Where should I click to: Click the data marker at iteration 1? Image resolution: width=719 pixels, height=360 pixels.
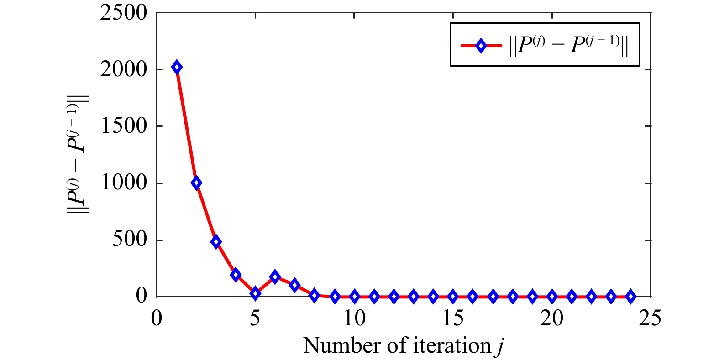click(x=177, y=68)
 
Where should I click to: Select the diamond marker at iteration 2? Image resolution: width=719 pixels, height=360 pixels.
click(x=196, y=183)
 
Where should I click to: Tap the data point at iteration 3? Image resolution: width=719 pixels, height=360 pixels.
click(x=216, y=242)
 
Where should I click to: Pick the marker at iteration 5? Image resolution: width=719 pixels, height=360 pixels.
click(x=255, y=293)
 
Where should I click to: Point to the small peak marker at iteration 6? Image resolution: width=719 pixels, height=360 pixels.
click(x=275, y=277)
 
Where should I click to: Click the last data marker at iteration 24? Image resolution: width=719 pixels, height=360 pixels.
click(x=630, y=297)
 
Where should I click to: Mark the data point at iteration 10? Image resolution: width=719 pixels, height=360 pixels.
click(x=354, y=297)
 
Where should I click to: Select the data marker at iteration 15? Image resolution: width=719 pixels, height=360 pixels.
click(x=453, y=297)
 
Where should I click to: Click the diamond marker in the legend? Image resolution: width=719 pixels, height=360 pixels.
click(x=481, y=46)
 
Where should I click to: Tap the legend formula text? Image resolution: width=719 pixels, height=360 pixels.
click(x=569, y=46)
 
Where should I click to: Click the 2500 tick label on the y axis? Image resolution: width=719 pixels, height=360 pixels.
click(x=124, y=13)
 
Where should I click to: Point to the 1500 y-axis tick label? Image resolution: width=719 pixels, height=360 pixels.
click(x=124, y=126)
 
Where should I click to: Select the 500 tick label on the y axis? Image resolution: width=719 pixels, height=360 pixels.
click(x=130, y=240)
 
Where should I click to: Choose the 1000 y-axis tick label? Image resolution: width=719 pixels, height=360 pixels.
click(x=124, y=183)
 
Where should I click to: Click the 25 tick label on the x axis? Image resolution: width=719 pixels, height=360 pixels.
click(x=650, y=318)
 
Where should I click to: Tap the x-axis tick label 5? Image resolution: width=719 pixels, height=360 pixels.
click(x=255, y=318)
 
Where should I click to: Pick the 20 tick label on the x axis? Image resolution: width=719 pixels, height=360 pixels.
click(x=551, y=318)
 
